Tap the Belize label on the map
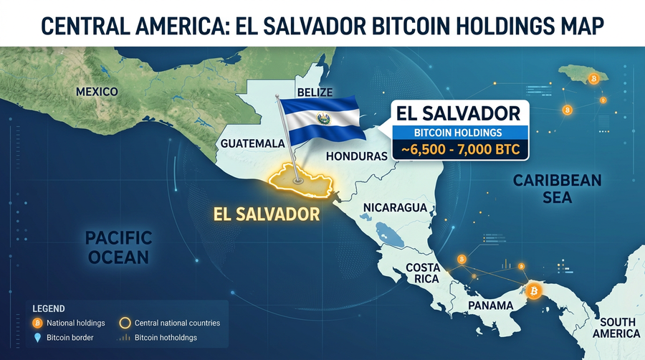[x=315, y=94]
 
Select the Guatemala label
[x=253, y=143]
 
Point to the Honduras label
[x=356, y=156]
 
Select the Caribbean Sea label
[x=557, y=187]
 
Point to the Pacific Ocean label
[x=118, y=247]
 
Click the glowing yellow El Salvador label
[x=267, y=214]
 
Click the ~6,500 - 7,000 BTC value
[x=459, y=150]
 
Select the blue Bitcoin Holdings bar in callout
[x=459, y=132]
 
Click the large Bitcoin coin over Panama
[x=533, y=290]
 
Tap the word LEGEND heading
[x=48, y=308]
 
